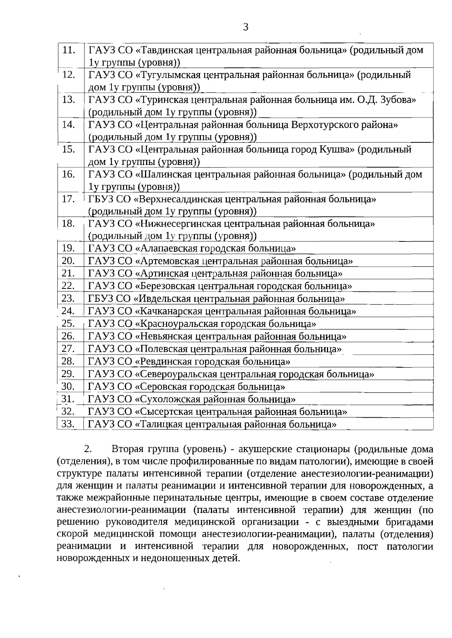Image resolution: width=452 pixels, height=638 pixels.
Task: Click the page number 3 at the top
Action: coord(246,27)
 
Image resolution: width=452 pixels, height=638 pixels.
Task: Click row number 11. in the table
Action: coord(69,50)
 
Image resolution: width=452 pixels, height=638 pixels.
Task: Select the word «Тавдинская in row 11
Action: coord(163,50)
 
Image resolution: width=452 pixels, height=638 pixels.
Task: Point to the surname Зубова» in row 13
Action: coord(399,100)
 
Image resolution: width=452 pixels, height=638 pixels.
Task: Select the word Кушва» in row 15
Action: coord(337,150)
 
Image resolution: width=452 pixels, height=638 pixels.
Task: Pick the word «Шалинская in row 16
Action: coord(162,174)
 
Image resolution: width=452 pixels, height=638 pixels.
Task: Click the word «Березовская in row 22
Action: coord(165,286)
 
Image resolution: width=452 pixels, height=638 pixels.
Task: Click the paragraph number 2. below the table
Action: coord(88,449)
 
